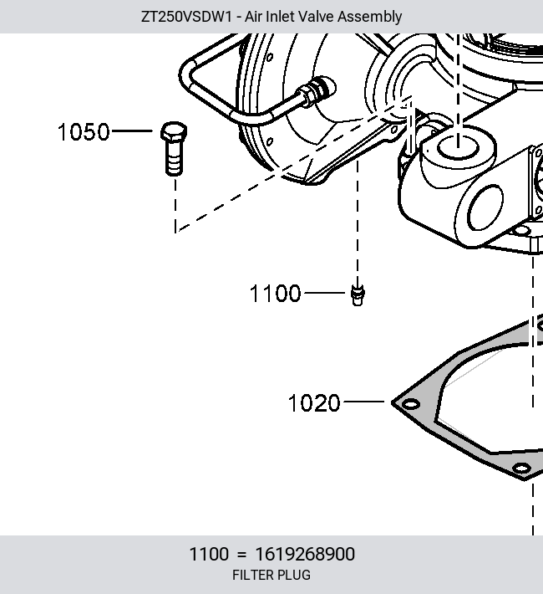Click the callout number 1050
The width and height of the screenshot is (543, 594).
pos(84,132)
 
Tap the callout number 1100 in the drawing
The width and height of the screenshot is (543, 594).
pos(275,293)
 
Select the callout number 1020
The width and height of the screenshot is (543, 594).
pos(314,402)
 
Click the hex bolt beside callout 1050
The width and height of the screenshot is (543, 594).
pos(174,149)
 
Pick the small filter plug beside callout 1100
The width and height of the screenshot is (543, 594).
pos(358,295)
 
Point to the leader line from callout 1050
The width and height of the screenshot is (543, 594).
pos(133,131)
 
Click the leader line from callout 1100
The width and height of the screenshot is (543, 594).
pos(325,293)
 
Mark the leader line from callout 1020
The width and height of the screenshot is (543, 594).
pos(363,402)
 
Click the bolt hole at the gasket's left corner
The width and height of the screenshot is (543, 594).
pos(410,404)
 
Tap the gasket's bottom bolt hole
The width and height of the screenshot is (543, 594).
pos(521,469)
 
